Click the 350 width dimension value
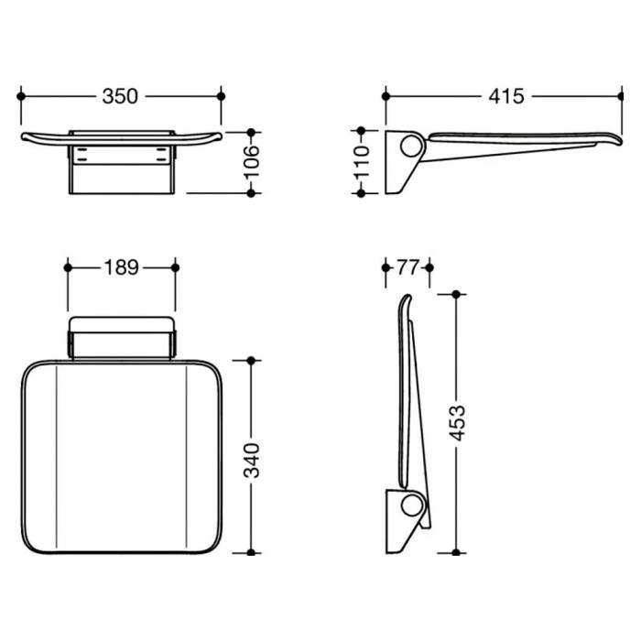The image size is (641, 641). [x=120, y=96]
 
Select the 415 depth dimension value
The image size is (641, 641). [x=506, y=96]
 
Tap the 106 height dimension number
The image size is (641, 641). [x=252, y=161]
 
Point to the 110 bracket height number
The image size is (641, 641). [x=362, y=162]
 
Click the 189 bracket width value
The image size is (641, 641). [x=122, y=267]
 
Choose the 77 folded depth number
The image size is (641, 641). [x=407, y=267]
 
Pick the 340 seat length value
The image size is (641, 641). [x=252, y=461]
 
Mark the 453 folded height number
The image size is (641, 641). [x=457, y=423]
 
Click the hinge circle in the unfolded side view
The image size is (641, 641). [x=411, y=147]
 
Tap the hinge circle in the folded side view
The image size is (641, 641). [x=411, y=505]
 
